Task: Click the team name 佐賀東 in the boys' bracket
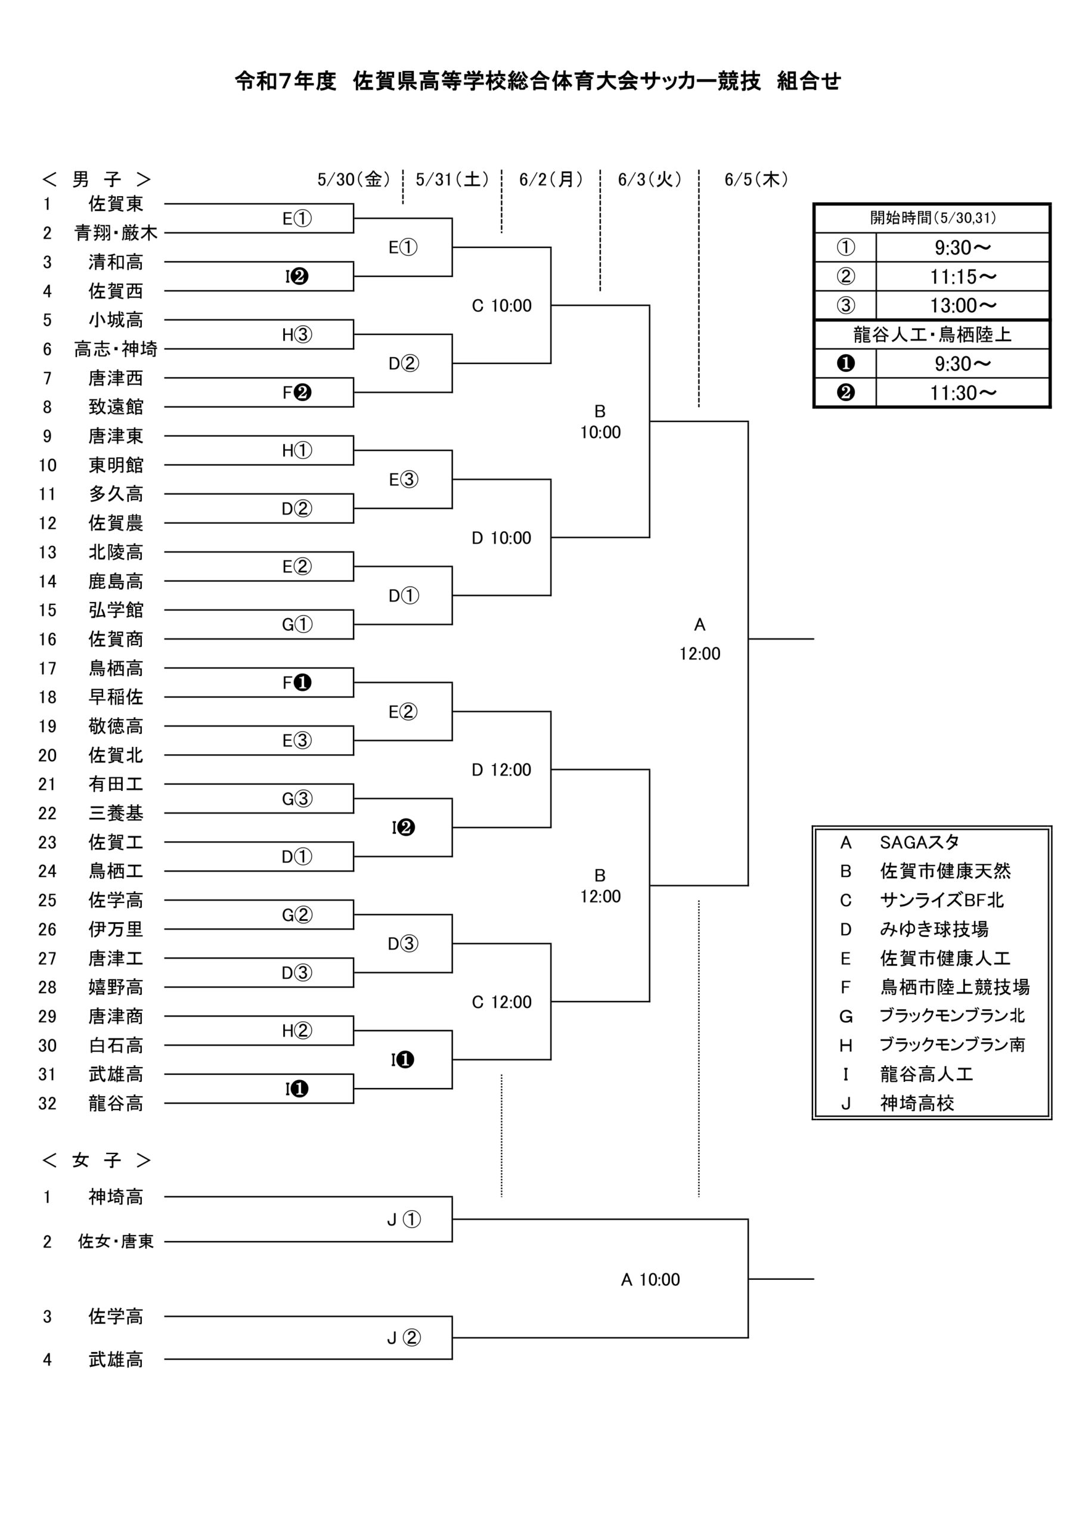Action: (x=116, y=203)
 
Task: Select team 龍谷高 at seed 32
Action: (x=116, y=1103)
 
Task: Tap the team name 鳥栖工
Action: (x=116, y=871)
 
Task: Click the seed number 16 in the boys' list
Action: (x=47, y=640)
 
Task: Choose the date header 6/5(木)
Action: (x=756, y=179)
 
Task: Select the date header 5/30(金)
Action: (x=354, y=179)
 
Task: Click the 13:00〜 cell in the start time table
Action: (x=963, y=306)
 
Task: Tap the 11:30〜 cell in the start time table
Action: (x=963, y=393)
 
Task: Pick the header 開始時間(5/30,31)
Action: (x=933, y=218)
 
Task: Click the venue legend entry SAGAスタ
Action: (x=919, y=842)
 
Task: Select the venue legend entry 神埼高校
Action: (x=917, y=1103)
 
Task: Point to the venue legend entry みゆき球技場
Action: (x=934, y=929)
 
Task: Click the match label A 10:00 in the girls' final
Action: (x=650, y=1279)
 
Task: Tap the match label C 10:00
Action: (x=501, y=306)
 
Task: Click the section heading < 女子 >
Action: (x=97, y=1161)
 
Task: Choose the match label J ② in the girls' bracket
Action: (x=404, y=1338)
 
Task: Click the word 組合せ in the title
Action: (x=808, y=81)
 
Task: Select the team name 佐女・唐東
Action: (x=116, y=1242)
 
